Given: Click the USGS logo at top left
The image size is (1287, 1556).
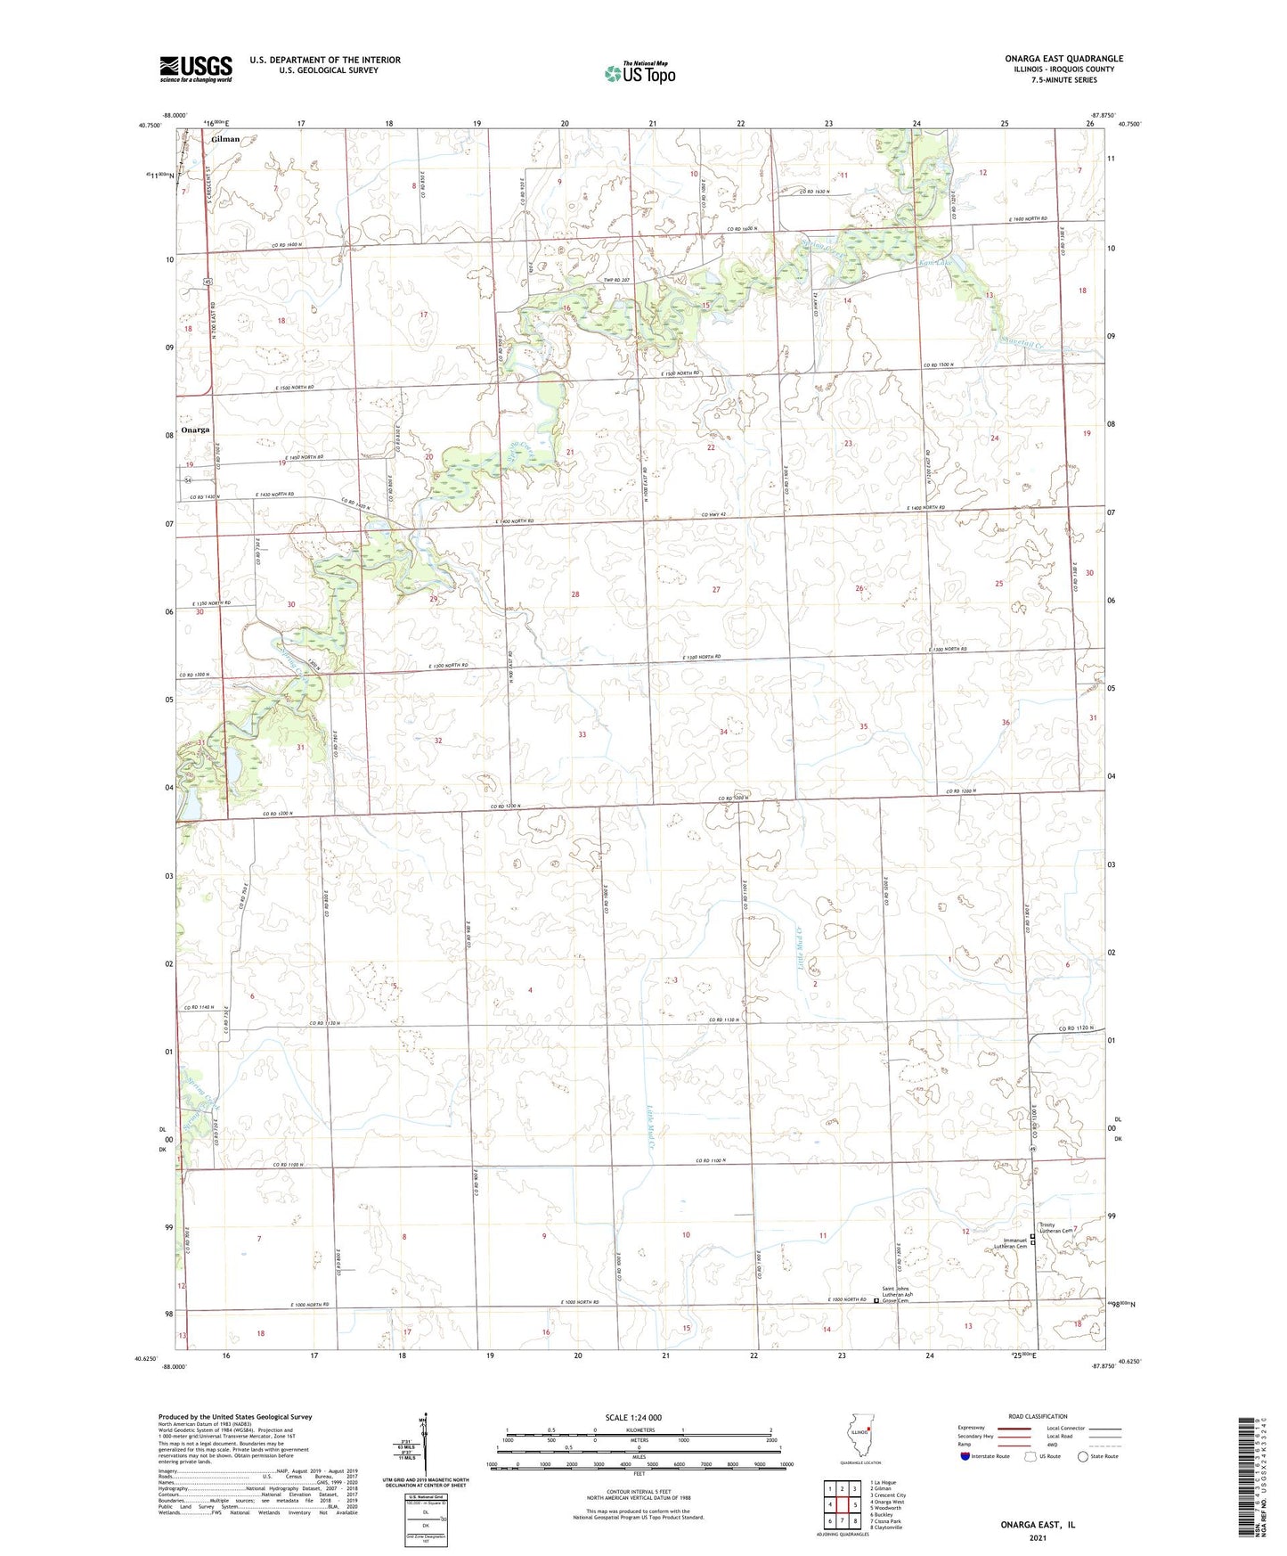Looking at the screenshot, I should coord(195,69).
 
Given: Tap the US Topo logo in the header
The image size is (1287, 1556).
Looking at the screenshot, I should coord(639,73).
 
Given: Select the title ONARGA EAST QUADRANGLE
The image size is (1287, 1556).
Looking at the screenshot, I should coord(1063,59).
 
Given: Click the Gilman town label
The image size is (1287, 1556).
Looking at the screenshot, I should coord(225,139).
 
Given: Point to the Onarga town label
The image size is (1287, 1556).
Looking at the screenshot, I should coord(195,430).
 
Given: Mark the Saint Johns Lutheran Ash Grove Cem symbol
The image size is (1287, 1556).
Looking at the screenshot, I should coord(876,1301).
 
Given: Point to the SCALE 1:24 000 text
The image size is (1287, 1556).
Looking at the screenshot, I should coord(633,1417).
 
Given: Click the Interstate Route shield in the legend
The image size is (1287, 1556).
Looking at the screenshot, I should coord(965,1457).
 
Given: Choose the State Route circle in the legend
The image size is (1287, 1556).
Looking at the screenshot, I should coord(1083,1457).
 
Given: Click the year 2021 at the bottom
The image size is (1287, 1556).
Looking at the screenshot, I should coord(1038,1538).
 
